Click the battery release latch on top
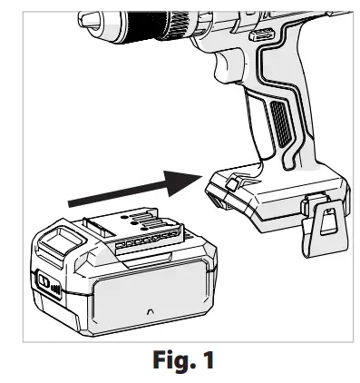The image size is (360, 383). [x=55, y=239]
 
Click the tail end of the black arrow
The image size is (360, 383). [x=72, y=202]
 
